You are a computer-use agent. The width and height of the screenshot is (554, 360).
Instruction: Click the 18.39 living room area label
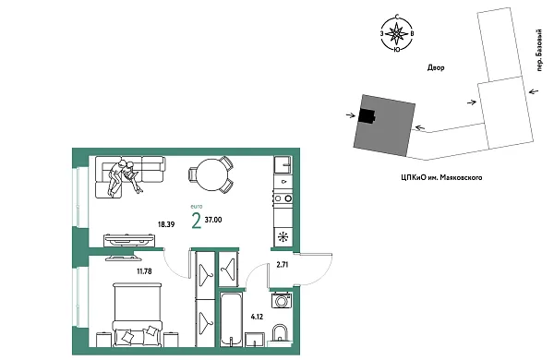pos(165,224)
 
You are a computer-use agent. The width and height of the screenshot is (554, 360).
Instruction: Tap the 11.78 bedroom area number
pos(145,271)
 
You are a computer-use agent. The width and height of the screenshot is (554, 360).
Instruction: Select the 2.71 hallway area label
pos(283,265)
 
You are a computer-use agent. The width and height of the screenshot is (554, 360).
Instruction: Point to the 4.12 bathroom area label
pos(257,317)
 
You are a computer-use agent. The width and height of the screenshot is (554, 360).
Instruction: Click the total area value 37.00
pos(213,220)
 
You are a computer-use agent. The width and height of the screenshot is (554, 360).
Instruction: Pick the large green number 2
pos(196,222)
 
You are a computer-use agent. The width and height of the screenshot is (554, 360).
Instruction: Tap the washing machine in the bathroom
pos(282,301)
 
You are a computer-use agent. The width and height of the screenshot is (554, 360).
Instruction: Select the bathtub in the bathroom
pos(231,319)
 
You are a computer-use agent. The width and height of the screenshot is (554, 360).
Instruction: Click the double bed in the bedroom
pos(137,315)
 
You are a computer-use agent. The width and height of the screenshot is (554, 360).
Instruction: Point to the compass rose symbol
pos(397,33)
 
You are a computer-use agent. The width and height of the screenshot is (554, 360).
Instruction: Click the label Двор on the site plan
pos(436,67)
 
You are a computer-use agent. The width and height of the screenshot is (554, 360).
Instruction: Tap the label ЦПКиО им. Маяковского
pos(441,177)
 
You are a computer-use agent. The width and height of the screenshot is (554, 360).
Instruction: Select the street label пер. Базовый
pos(539,51)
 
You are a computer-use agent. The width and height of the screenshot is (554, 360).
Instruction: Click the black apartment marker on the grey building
pos(367,116)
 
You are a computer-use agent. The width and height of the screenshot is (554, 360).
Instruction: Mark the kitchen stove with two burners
pos(283,198)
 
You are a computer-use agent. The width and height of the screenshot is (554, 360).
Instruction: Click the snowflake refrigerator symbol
pos(283,237)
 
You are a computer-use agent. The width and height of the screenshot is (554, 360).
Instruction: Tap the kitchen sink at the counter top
pos(283,164)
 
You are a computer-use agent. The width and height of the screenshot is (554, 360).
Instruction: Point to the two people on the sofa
pos(125,177)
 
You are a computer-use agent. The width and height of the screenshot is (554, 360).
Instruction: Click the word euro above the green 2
pos(197,207)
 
